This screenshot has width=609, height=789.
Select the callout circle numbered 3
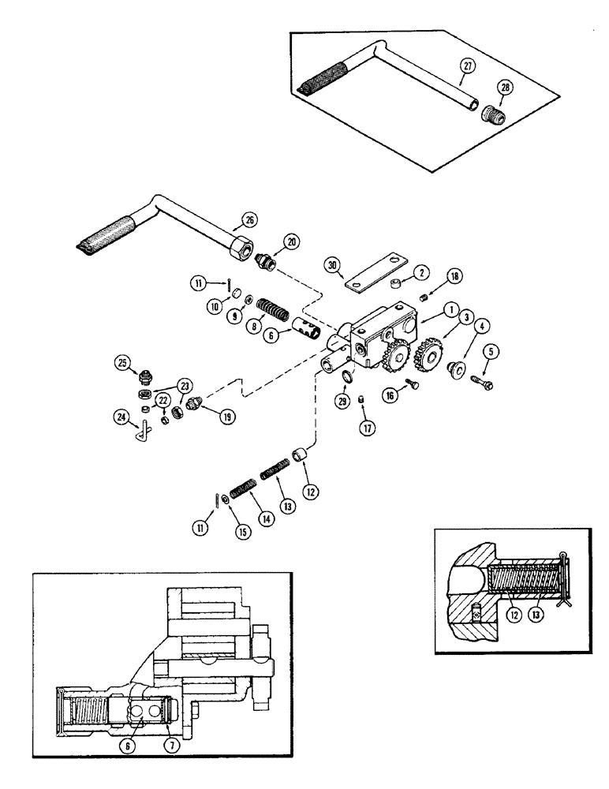point(446,316)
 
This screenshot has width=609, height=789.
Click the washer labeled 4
point(456,367)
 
